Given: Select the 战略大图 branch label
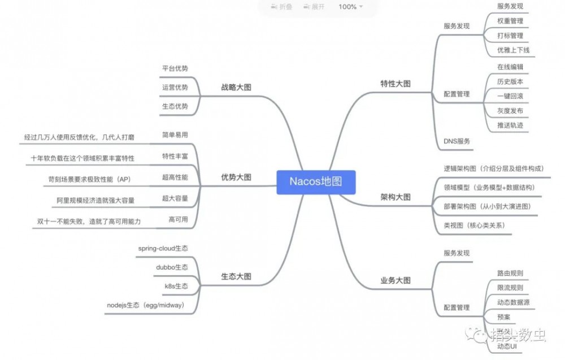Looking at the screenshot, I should (236, 87).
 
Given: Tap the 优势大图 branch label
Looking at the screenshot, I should (236, 177).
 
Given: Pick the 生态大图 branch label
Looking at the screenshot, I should (236, 276).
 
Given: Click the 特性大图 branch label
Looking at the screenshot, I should (395, 83).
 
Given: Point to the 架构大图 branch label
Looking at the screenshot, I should (395, 197).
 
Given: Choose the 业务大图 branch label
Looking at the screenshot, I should (395, 280).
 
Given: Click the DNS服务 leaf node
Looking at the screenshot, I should (457, 141).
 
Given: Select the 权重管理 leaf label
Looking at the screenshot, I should (510, 21).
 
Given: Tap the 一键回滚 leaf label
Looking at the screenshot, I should (510, 96).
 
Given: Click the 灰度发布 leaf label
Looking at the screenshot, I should (510, 111).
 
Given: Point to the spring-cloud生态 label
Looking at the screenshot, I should (163, 248).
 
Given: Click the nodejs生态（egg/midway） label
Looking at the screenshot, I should (152, 305).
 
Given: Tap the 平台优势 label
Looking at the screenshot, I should (175, 68).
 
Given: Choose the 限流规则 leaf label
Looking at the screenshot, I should (510, 288).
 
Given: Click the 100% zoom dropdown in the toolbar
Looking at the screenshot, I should (350, 7).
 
